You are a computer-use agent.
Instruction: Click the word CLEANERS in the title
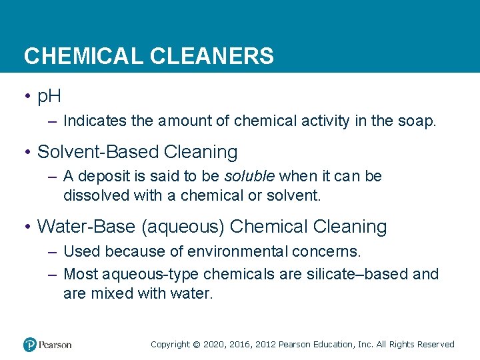point(212,56)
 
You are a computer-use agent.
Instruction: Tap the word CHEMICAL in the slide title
point(83,56)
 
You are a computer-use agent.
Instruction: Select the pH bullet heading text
point(49,96)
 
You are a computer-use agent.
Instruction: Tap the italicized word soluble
point(249,177)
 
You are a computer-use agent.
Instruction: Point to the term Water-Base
point(86,227)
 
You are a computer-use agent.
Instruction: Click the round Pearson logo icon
point(30,345)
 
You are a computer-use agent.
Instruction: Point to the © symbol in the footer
point(195,345)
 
